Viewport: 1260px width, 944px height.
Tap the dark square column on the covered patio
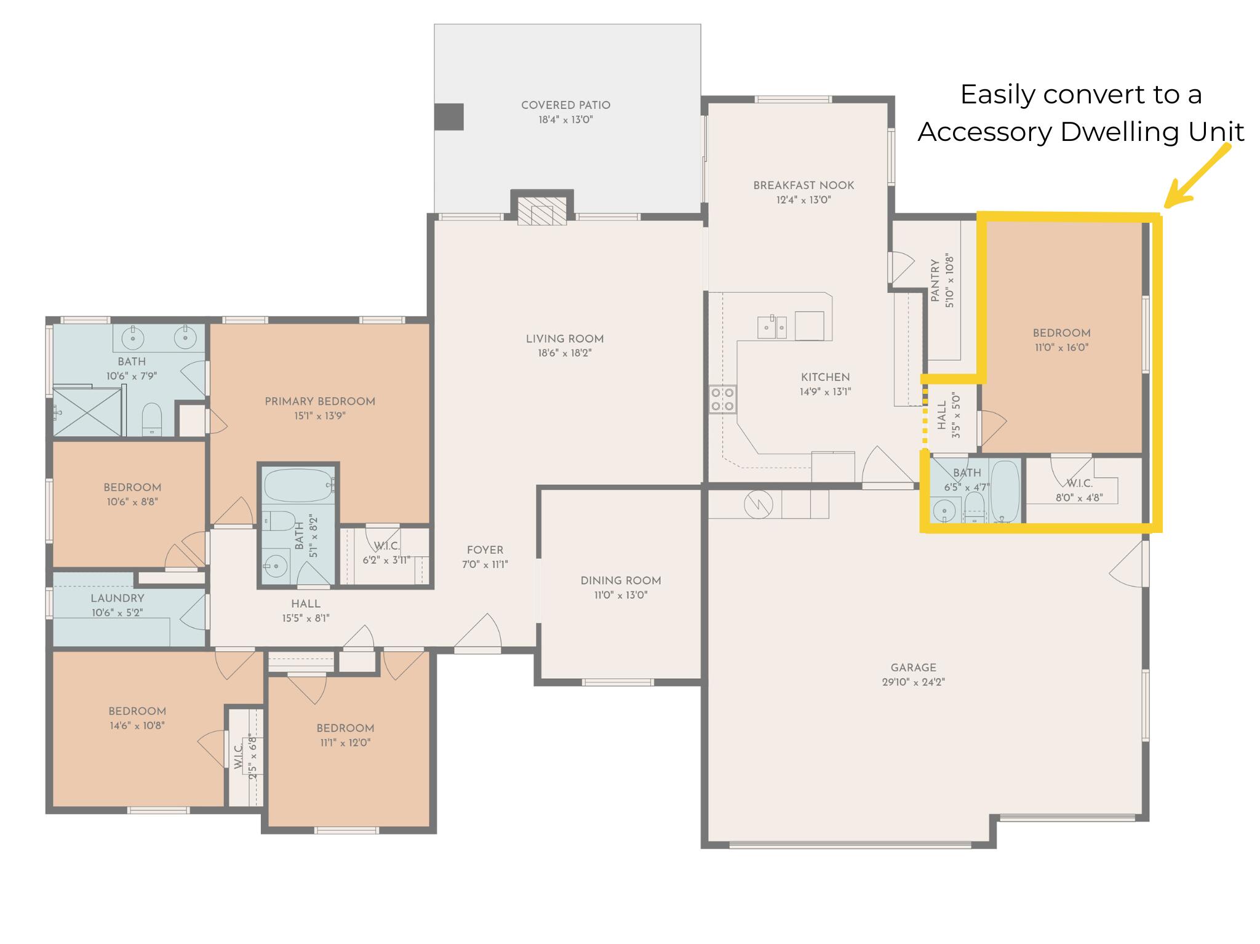pyautogui.click(x=449, y=117)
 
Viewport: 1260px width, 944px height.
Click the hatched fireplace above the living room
pyautogui.click(x=541, y=210)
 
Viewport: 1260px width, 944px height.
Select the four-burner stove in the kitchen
pyautogui.click(x=722, y=399)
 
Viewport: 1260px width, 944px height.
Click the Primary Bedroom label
pyautogui.click(x=320, y=401)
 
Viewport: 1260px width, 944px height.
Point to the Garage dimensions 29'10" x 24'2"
pyautogui.click(x=913, y=682)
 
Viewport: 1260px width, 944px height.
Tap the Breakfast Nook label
pyautogui.click(x=803, y=185)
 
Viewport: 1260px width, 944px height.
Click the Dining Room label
pyautogui.click(x=621, y=580)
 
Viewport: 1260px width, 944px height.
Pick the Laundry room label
pyautogui.click(x=118, y=598)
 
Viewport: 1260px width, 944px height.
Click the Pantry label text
pyautogui.click(x=935, y=280)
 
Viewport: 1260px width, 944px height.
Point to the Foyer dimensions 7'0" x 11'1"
pyautogui.click(x=485, y=564)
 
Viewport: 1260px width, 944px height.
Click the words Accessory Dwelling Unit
pyautogui.click(x=1080, y=132)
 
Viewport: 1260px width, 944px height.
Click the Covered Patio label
pyautogui.click(x=565, y=105)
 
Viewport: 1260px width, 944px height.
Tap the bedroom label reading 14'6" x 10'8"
pyautogui.click(x=137, y=725)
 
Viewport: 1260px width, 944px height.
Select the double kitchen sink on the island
pyautogui.click(x=773, y=327)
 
